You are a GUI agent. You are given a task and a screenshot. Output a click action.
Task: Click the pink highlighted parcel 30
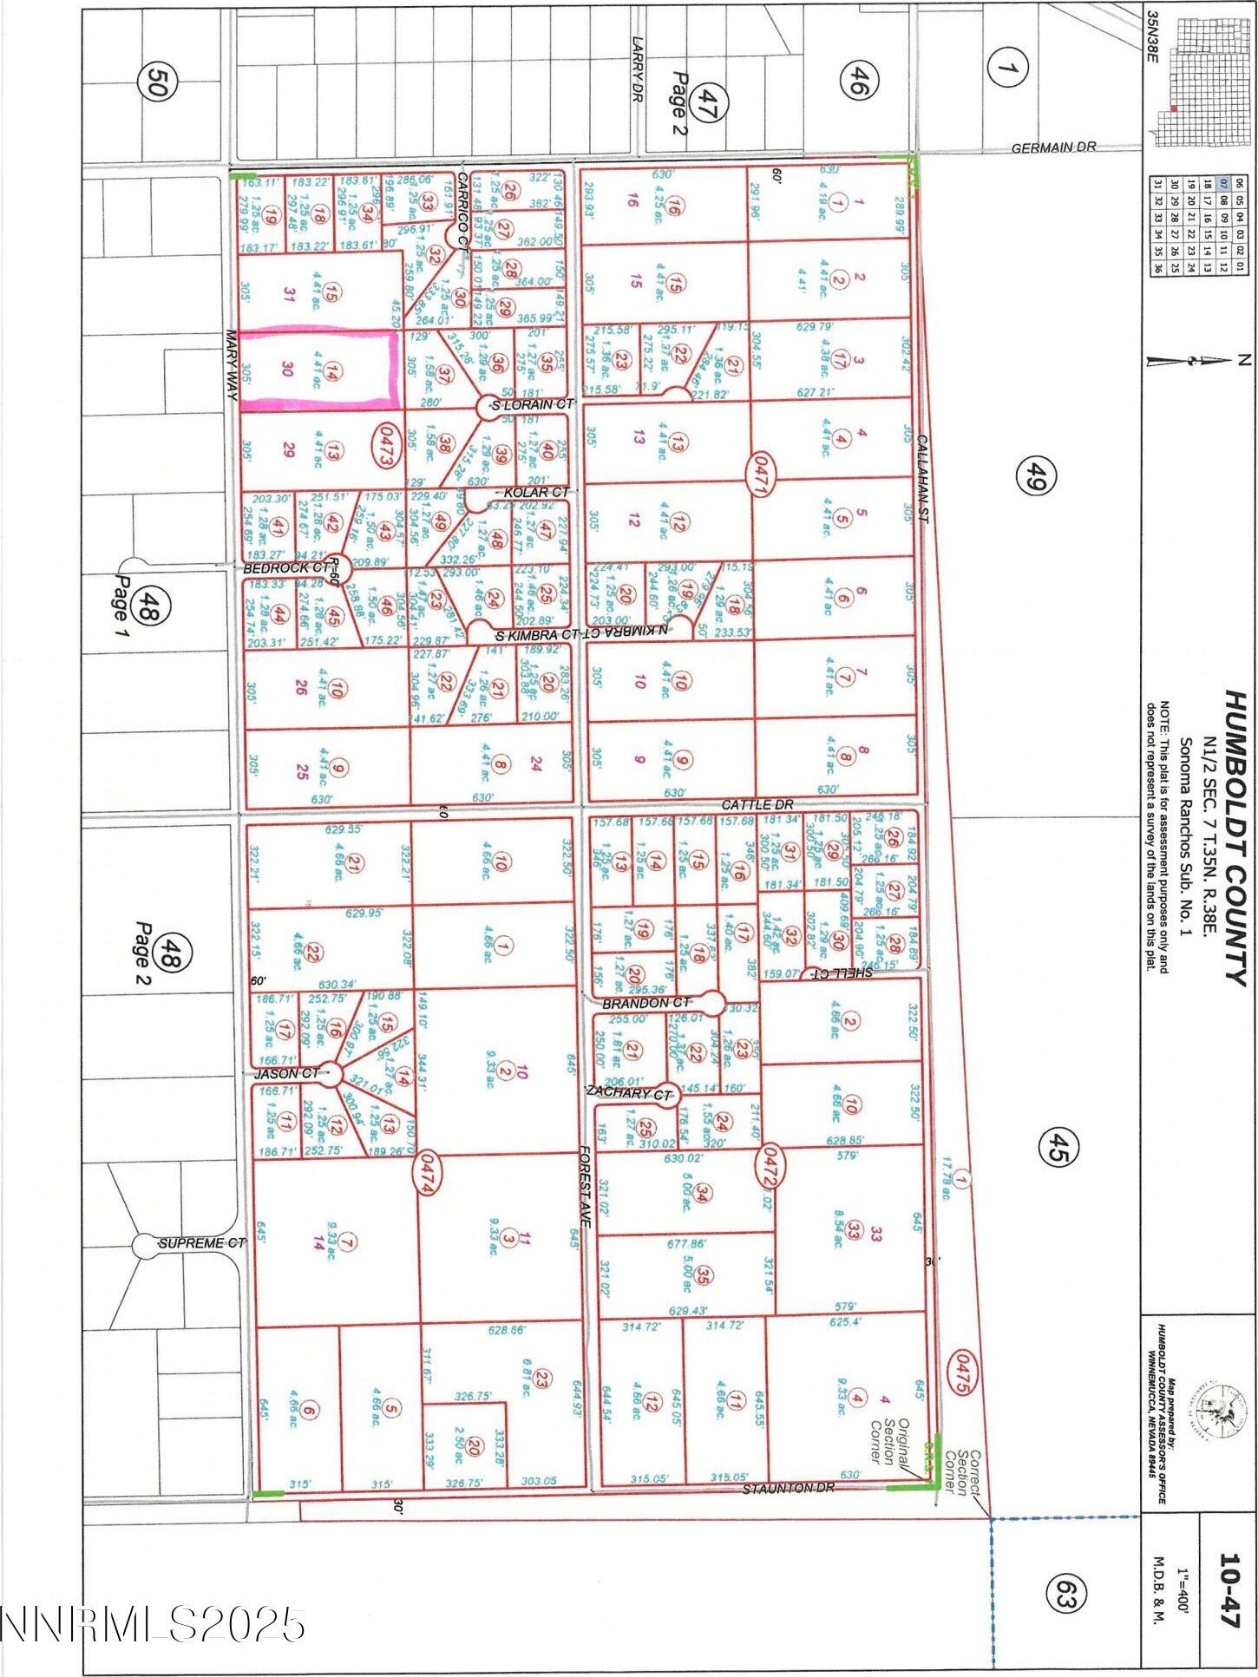pos(318,370)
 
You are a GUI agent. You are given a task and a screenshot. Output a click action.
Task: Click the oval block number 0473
pos(385,445)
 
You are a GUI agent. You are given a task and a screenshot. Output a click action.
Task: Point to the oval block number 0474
pos(425,1174)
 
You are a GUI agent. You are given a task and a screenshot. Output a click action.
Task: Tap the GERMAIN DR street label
pos(1052,148)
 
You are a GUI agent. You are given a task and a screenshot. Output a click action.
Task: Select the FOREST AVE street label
pos(586,1186)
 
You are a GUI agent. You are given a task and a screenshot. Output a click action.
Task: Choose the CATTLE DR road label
pos(757,804)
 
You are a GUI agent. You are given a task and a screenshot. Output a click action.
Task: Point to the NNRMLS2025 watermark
pos(153,1624)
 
